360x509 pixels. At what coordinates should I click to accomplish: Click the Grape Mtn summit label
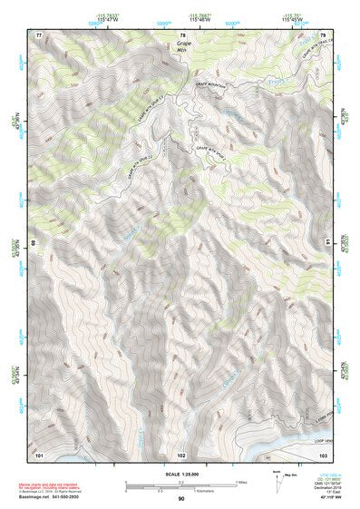185,46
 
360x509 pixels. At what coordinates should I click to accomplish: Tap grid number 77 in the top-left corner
39,34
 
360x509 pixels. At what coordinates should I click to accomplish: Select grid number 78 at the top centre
182,34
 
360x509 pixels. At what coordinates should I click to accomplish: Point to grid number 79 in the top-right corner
324,34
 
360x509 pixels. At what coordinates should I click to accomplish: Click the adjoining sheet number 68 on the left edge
33,243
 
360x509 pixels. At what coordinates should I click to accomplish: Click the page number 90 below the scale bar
181,498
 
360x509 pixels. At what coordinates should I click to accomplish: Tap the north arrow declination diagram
276,484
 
